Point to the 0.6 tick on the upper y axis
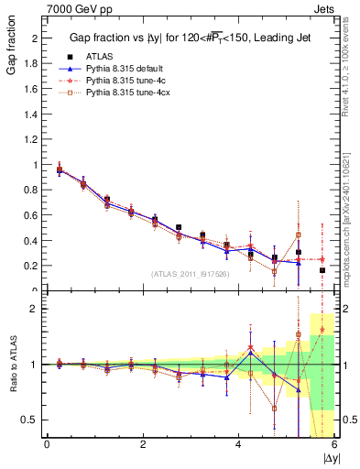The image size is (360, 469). [33, 215]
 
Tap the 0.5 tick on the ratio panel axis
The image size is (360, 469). [33, 420]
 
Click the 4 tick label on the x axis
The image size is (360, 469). [239, 444]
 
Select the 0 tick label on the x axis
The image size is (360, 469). [47, 444]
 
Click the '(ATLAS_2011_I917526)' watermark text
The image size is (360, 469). [190, 274]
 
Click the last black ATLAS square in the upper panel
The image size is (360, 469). [322, 270]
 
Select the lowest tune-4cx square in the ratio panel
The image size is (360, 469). [274, 409]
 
